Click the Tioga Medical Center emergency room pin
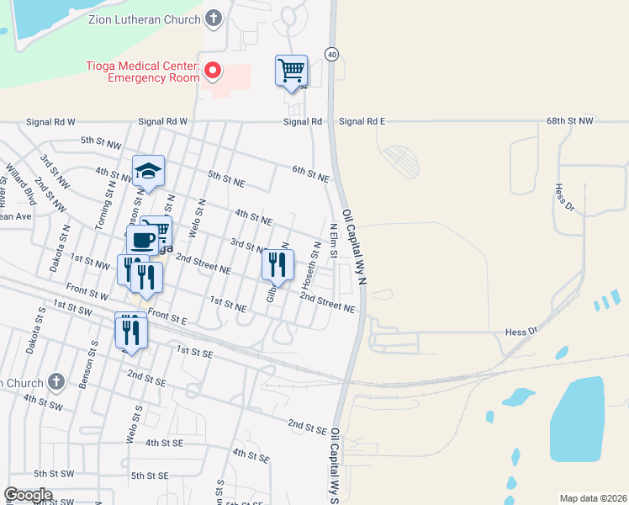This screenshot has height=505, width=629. (x=213, y=71)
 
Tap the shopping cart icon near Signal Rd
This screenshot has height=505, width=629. (x=291, y=70)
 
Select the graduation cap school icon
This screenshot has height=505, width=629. (x=148, y=172)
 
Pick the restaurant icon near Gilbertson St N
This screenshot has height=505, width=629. (x=277, y=264)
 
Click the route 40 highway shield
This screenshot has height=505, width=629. (x=332, y=55)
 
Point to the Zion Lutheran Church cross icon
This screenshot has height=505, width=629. (x=214, y=19)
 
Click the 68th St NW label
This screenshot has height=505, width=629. (x=569, y=121)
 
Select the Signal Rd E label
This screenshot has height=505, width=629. (x=362, y=121)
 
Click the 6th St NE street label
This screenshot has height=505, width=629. (x=309, y=174)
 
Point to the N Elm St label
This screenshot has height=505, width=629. (x=333, y=240)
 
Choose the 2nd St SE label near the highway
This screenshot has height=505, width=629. (x=306, y=427)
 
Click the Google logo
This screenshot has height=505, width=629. (x=28, y=495)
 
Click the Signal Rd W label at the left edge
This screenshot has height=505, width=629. (x=50, y=121)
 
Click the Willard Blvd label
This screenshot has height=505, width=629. (x=20, y=184)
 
